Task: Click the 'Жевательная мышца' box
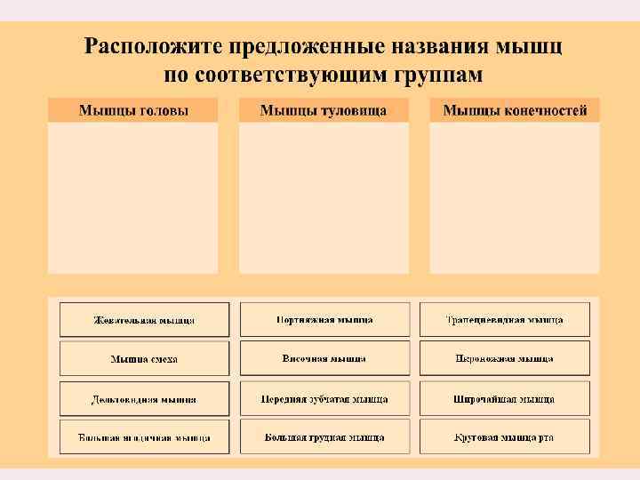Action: pos(144,320)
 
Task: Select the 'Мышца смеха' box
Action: pos(144,358)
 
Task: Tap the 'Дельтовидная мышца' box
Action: pos(144,399)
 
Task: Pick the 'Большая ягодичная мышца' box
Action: pos(144,437)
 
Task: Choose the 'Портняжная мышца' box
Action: pos(324,320)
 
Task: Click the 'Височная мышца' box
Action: pos(324,358)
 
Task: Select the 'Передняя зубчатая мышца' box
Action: pos(324,399)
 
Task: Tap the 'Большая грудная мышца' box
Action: pos(324,437)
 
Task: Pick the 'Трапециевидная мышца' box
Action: pos(504,320)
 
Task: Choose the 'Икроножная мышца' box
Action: pos(504,358)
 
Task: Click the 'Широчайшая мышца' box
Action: pos(504,399)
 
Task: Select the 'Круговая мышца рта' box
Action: pos(504,437)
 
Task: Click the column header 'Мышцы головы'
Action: pos(133,110)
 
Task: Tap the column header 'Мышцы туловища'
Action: pos(324,110)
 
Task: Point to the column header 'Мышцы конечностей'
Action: pos(515,110)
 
